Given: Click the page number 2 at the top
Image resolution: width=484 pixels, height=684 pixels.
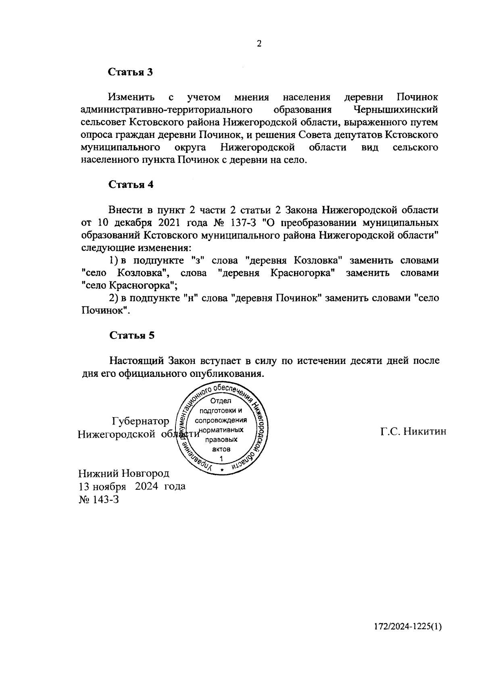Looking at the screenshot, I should pyautogui.click(x=259, y=44).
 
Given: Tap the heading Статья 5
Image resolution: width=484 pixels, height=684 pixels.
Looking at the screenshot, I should pyautogui.click(x=131, y=335).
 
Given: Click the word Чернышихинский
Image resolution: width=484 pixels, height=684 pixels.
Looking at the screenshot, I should pyautogui.click(x=395, y=110).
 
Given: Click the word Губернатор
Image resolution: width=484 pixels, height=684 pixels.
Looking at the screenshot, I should pyautogui.click(x=140, y=421).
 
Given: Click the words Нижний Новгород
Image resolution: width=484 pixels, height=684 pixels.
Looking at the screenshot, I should pyautogui.click(x=124, y=473).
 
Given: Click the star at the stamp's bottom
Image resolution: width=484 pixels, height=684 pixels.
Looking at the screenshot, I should pyautogui.click(x=221, y=470).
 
